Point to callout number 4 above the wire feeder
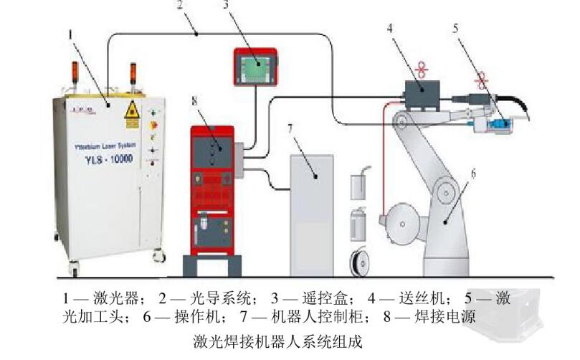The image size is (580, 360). click(x=390, y=29)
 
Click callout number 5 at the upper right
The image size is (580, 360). click(x=456, y=29)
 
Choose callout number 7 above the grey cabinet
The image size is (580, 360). click(x=291, y=130)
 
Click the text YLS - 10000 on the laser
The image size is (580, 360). click(x=104, y=159)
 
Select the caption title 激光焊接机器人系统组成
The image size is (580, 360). click(x=284, y=338)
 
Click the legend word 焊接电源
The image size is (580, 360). click(x=450, y=316)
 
